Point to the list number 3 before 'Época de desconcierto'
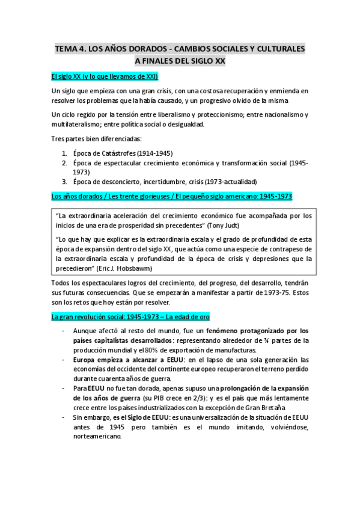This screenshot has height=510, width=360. [x=64, y=181]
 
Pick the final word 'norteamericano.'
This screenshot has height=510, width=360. [x=97, y=437]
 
